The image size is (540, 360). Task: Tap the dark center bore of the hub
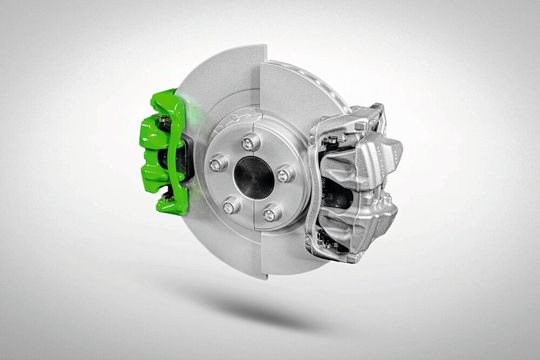[x=253, y=178]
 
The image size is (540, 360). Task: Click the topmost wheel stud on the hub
[x=249, y=142]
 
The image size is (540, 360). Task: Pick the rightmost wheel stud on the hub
[x=285, y=174]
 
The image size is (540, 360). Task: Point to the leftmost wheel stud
[x=217, y=164]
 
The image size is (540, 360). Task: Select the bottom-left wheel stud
[x=231, y=205]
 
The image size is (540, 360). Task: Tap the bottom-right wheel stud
[x=271, y=212]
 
